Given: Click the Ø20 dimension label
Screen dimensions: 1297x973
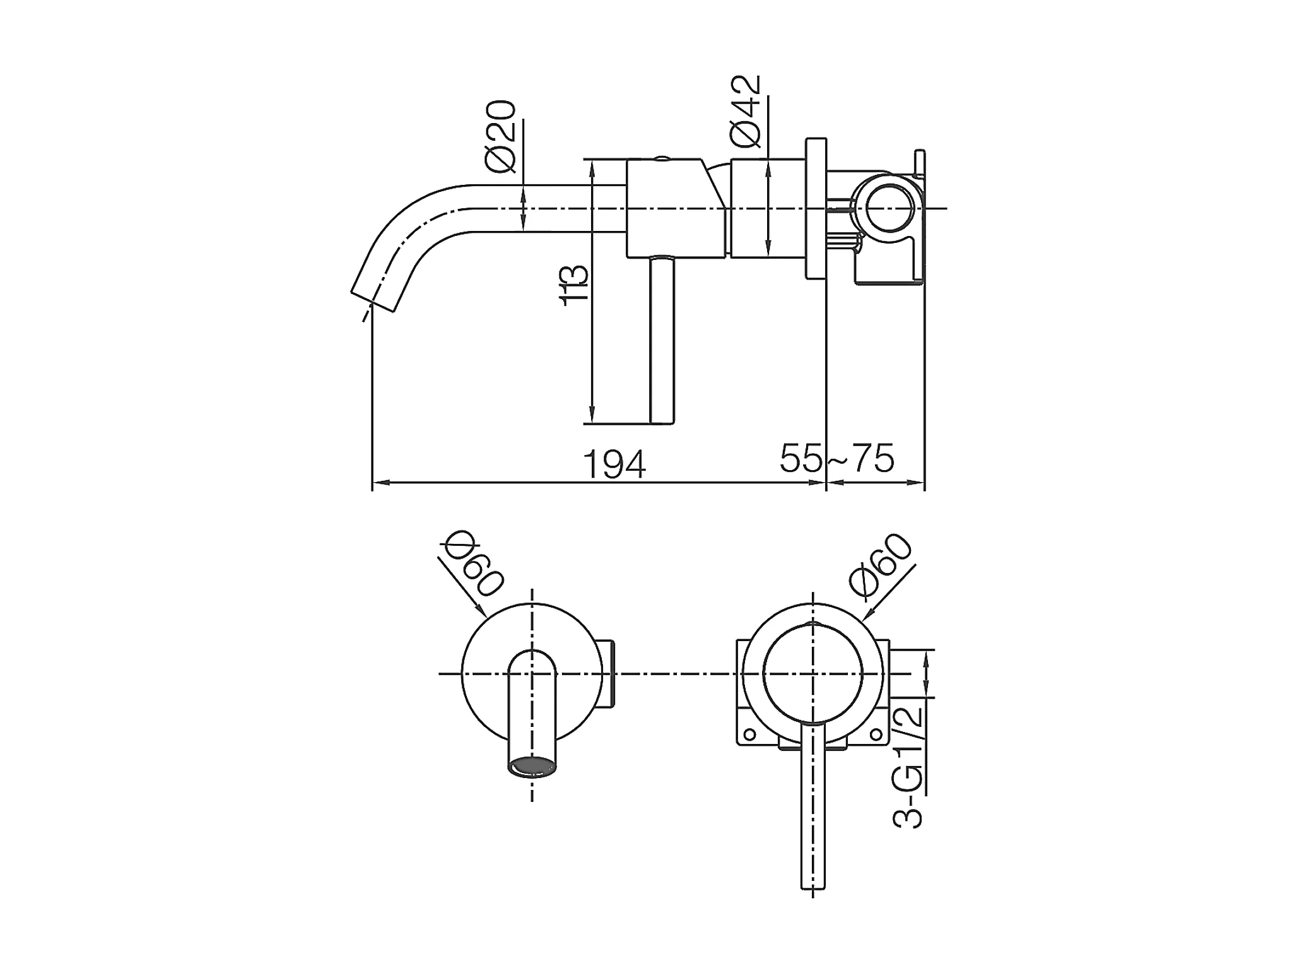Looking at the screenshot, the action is pos(501,136).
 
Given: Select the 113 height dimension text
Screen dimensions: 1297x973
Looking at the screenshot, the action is pos(575,286).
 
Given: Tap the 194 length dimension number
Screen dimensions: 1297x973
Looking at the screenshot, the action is pos(614,464).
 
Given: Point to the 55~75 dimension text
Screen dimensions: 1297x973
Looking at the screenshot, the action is pos(837,458).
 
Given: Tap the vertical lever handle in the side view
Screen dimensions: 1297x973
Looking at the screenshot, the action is pos(662,339).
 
